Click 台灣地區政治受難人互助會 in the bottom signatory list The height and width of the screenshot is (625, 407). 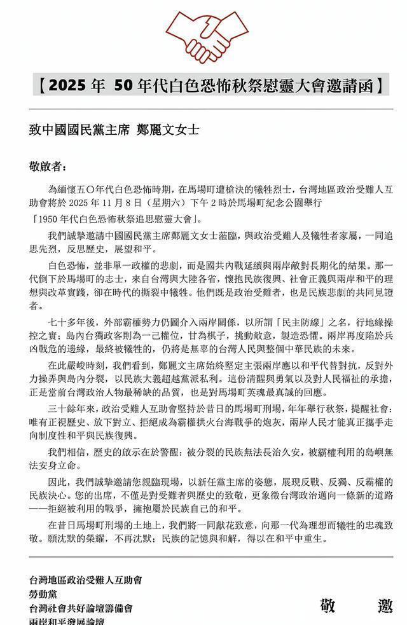(85, 580)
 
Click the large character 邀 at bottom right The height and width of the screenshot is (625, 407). (384, 607)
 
